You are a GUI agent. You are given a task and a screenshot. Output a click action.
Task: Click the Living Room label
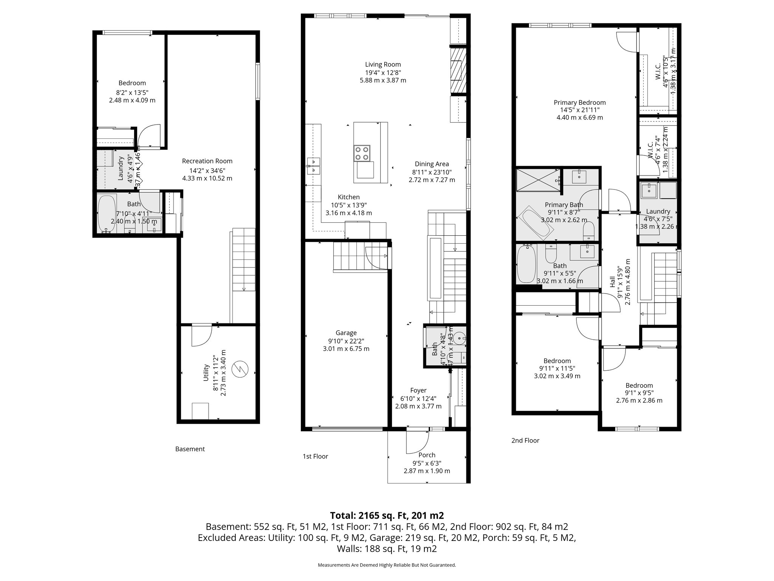coord(383,65)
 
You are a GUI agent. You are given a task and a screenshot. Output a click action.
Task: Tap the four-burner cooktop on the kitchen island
coord(362,153)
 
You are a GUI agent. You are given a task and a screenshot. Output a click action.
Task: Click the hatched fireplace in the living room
coord(458,70)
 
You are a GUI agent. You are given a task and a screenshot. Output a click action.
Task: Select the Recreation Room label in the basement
coord(207,161)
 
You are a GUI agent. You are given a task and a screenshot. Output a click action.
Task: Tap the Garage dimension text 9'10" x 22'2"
coord(346,341)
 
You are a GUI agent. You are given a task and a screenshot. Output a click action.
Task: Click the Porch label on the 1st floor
coord(427,455)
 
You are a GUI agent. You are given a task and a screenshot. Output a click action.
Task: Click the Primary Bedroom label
coord(579,103)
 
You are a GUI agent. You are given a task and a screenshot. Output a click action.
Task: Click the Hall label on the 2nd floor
coord(612,282)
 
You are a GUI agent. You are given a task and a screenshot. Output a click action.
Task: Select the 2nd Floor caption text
coord(525,440)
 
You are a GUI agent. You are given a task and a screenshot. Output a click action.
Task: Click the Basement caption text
coord(190,449)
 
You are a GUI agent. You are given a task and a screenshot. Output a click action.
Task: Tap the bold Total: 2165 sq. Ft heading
coord(387,516)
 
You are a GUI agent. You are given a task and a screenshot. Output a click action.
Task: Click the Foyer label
coord(418,390)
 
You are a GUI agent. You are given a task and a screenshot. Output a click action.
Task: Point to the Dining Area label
coord(432,164)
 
